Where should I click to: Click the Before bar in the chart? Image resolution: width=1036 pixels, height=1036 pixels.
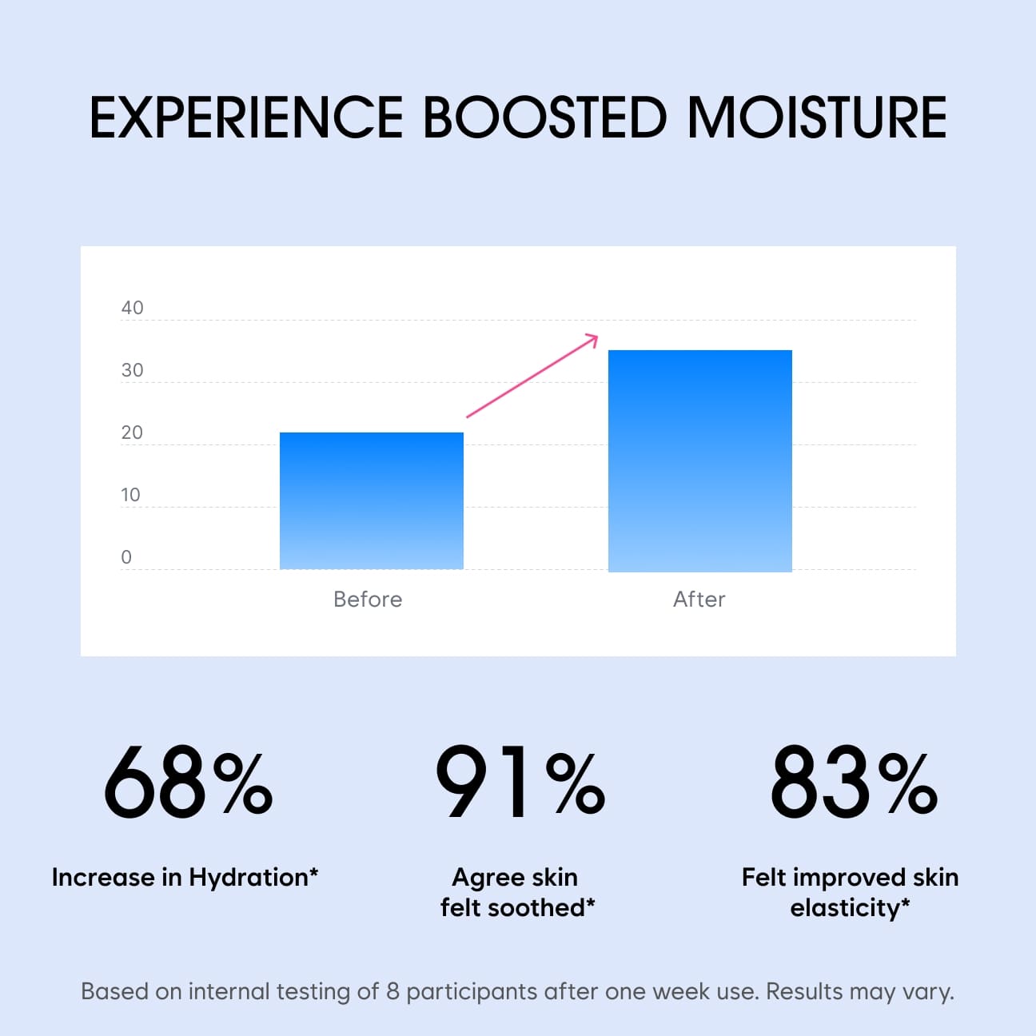coord(372,500)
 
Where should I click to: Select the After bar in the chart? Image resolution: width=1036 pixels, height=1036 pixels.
coord(700,460)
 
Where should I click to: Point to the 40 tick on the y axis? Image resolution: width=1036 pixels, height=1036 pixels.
coord(132,308)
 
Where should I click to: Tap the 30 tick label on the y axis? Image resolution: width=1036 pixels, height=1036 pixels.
coord(132,370)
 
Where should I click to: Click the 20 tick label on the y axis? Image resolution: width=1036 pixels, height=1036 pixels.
coord(132,432)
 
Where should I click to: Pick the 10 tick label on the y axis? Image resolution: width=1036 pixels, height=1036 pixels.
coord(130,495)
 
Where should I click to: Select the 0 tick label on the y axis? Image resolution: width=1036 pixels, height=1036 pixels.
coord(126,557)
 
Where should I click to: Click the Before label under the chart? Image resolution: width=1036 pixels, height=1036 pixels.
coord(368,599)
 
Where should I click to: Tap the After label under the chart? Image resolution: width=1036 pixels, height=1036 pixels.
coord(699,599)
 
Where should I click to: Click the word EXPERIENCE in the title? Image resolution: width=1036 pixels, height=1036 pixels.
coord(246,118)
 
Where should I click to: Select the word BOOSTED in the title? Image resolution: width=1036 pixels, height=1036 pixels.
coord(545,118)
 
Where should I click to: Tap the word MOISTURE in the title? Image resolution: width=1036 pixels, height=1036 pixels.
coord(817,118)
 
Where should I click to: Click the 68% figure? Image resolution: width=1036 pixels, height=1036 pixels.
coord(188,782)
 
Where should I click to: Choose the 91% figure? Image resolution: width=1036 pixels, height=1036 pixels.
coord(520,782)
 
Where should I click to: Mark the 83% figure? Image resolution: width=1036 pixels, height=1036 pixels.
coord(854,782)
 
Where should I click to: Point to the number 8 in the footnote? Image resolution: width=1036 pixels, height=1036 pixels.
coord(393,991)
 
